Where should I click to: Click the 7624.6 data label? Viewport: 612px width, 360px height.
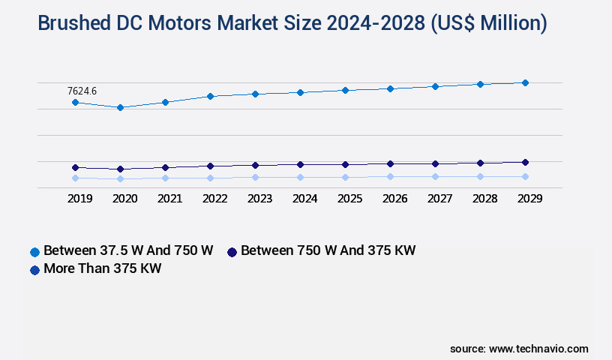click(82, 91)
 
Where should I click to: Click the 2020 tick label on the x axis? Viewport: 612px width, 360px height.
click(124, 199)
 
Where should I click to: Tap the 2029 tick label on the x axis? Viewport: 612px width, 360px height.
click(529, 199)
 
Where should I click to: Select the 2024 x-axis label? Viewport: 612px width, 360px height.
click(304, 199)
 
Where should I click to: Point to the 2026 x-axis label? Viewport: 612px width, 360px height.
click(394, 199)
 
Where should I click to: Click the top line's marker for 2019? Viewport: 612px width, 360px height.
click(75, 102)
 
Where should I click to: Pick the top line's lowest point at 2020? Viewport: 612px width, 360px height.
click(120, 107)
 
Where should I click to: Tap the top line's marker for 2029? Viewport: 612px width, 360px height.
click(525, 82)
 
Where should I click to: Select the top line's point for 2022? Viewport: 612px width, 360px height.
click(210, 96)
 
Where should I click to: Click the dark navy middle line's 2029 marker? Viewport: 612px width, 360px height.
click(525, 162)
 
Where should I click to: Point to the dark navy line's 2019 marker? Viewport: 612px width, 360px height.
click(75, 167)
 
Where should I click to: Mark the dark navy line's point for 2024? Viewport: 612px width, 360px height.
click(300, 164)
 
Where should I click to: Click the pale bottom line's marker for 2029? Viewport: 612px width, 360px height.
click(525, 176)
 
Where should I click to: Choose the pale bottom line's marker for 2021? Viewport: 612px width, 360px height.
click(165, 178)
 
